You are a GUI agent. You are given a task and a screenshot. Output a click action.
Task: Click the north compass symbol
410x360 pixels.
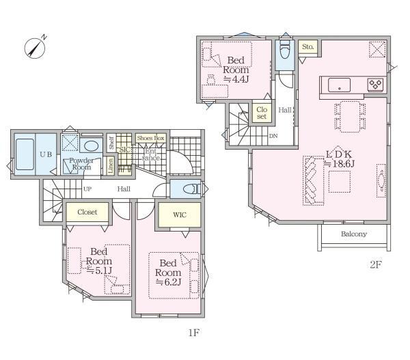pyautogui.click(x=35, y=47)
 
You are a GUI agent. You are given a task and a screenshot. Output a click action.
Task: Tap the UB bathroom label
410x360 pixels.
pyautogui.click(x=46, y=154)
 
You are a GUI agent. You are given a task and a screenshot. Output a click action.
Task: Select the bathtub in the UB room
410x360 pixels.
pyautogui.click(x=25, y=154)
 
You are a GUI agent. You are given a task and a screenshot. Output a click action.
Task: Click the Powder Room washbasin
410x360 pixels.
pyautogui.click(x=91, y=146)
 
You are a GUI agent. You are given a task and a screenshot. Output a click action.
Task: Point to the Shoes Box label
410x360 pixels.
pyautogui.click(x=150, y=138)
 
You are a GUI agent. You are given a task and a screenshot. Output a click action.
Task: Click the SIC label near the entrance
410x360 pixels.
pyautogui.click(x=124, y=150)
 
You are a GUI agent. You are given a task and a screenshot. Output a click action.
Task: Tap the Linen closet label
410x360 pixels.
pyautogui.click(x=110, y=165)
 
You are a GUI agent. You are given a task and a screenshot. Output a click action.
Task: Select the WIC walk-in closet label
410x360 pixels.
pyautogui.click(x=180, y=215)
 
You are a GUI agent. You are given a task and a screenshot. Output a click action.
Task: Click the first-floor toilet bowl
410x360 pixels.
pyautogui.click(x=191, y=189)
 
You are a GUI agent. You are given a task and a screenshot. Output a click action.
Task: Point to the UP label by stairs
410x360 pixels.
pyautogui.click(x=87, y=189)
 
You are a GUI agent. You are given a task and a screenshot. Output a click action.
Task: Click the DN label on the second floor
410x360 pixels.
pyautogui.click(x=273, y=136)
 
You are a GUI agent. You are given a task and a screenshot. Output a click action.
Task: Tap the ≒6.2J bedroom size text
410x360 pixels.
pyautogui.click(x=168, y=282)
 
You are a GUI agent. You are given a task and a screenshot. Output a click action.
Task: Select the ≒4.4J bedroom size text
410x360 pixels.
pyautogui.click(x=236, y=79)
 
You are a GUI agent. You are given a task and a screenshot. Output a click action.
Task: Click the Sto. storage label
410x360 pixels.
pyautogui.click(x=307, y=47)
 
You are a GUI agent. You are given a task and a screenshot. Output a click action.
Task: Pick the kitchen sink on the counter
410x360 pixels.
pyautogui.click(x=339, y=85)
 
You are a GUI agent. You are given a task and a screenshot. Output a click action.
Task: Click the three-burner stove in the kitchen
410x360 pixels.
pyautogui.click(x=375, y=85)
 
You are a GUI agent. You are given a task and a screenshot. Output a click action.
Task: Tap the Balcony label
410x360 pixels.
pyautogui.click(x=354, y=234)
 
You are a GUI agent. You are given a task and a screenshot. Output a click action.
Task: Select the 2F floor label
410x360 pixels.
pyautogui.click(x=376, y=265)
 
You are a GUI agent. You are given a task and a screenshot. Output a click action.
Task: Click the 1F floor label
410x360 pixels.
pyautogui.click(x=194, y=333)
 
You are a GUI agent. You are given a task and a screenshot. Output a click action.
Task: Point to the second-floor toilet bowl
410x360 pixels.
pyautogui.click(x=285, y=50)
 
